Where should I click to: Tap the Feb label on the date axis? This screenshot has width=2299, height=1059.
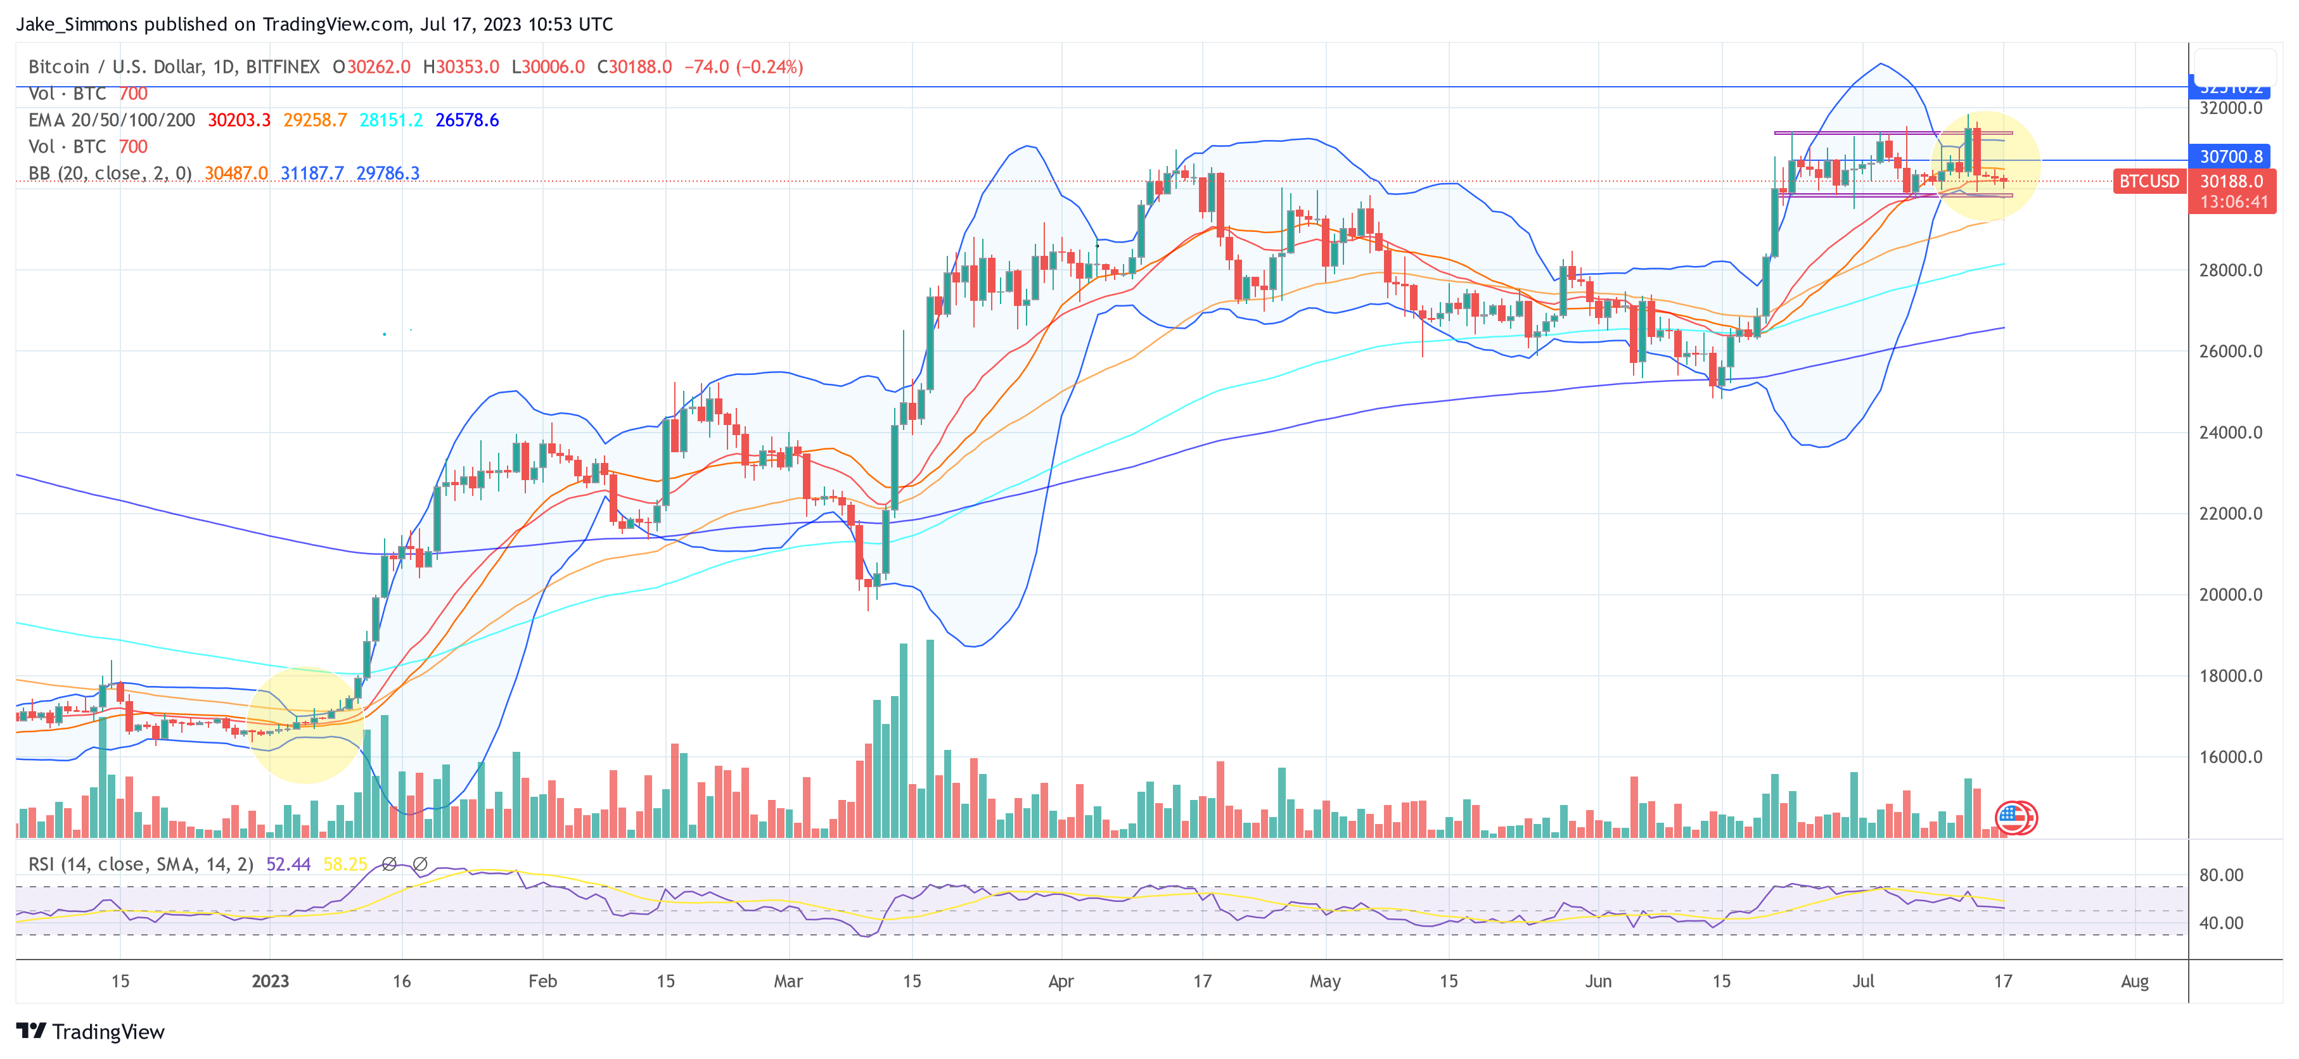pyautogui.click(x=542, y=981)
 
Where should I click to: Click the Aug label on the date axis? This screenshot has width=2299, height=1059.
pyautogui.click(x=2134, y=981)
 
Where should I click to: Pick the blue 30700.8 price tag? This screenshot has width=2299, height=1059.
pyautogui.click(x=2231, y=157)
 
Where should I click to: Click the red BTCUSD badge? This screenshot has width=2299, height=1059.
pyautogui.click(x=2149, y=181)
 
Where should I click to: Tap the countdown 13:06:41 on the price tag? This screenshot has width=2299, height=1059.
pyautogui.click(x=2233, y=203)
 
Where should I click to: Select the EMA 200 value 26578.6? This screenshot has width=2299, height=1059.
pyautogui.click(x=467, y=120)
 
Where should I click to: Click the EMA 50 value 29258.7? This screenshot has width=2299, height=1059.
pyautogui.click(x=315, y=120)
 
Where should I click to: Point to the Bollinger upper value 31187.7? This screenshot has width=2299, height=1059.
pyautogui.click(x=312, y=173)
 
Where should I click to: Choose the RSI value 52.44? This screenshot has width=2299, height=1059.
pyautogui.click(x=288, y=865)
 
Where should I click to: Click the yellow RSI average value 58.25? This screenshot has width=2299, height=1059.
pyautogui.click(x=345, y=865)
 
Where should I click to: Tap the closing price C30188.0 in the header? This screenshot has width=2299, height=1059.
pyautogui.click(x=634, y=67)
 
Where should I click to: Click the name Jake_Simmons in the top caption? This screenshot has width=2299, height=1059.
pyautogui.click(x=77, y=24)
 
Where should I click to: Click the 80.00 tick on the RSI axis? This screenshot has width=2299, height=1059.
pyautogui.click(x=2220, y=875)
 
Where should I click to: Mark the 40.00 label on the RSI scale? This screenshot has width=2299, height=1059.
pyautogui.click(x=2220, y=923)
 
